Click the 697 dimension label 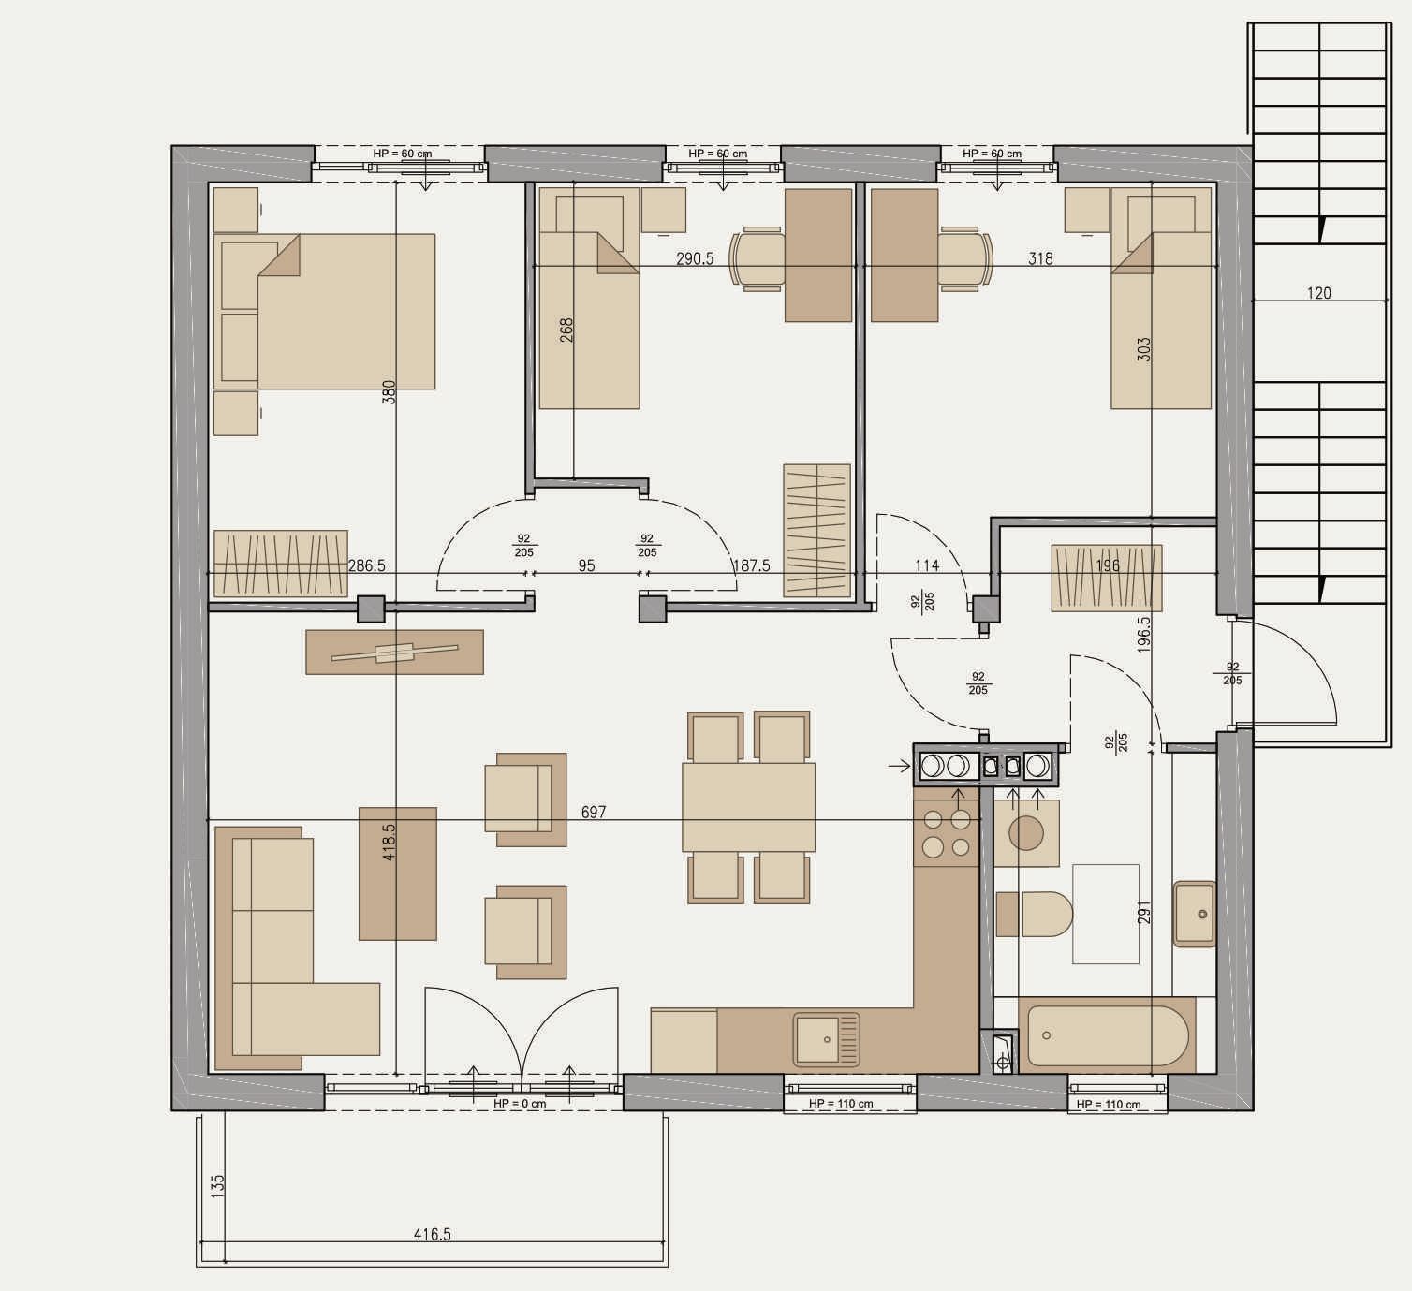[x=594, y=813]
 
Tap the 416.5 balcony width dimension [x=433, y=1235]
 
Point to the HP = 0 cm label [x=520, y=1104]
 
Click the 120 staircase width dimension [x=1319, y=293]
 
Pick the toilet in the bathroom [x=1035, y=915]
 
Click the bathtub [x=1107, y=1035]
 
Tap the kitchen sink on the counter [x=827, y=1040]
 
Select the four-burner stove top [x=947, y=833]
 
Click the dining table [x=749, y=807]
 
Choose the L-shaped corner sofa [x=297, y=948]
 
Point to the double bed [x=325, y=311]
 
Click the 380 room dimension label [x=389, y=392]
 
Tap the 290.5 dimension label [x=695, y=259]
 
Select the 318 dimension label [x=1040, y=259]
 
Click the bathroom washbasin [x=1195, y=914]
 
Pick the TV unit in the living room [x=395, y=652]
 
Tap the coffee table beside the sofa [x=398, y=873]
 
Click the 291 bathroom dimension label [x=1144, y=913]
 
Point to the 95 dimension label [x=586, y=566]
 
